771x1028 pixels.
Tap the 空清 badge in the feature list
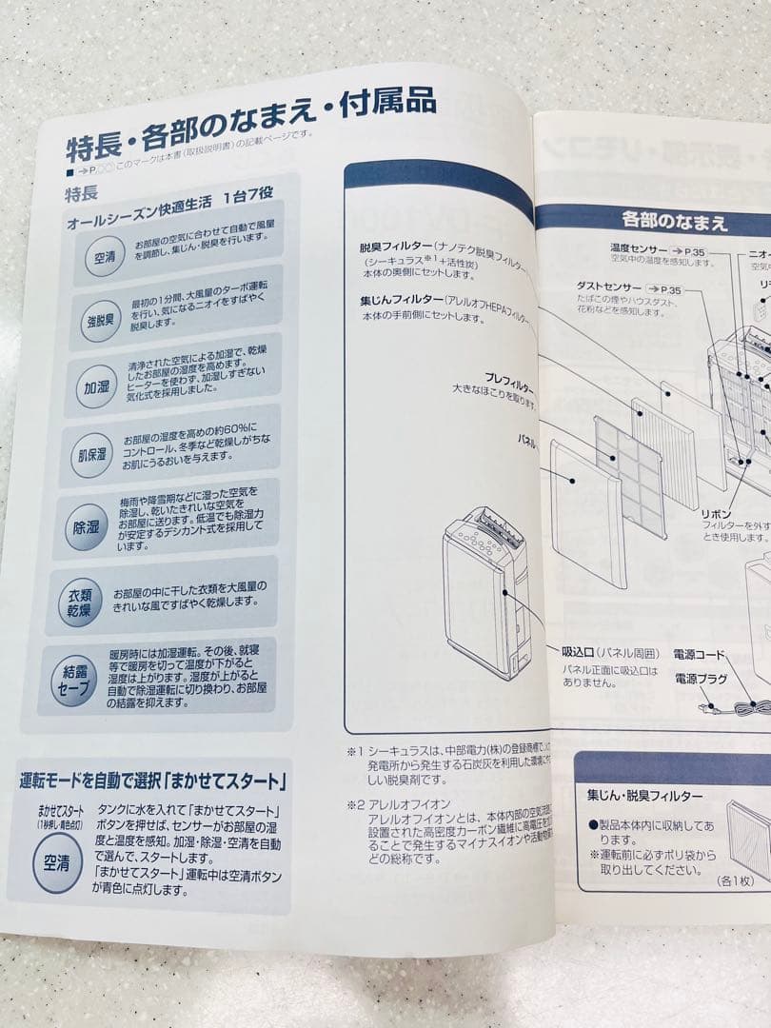(104, 257)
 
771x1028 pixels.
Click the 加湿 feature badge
(96, 387)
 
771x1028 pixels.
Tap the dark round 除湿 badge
(87, 526)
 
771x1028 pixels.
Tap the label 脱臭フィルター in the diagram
(391, 246)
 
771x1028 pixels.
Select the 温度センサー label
(642, 248)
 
